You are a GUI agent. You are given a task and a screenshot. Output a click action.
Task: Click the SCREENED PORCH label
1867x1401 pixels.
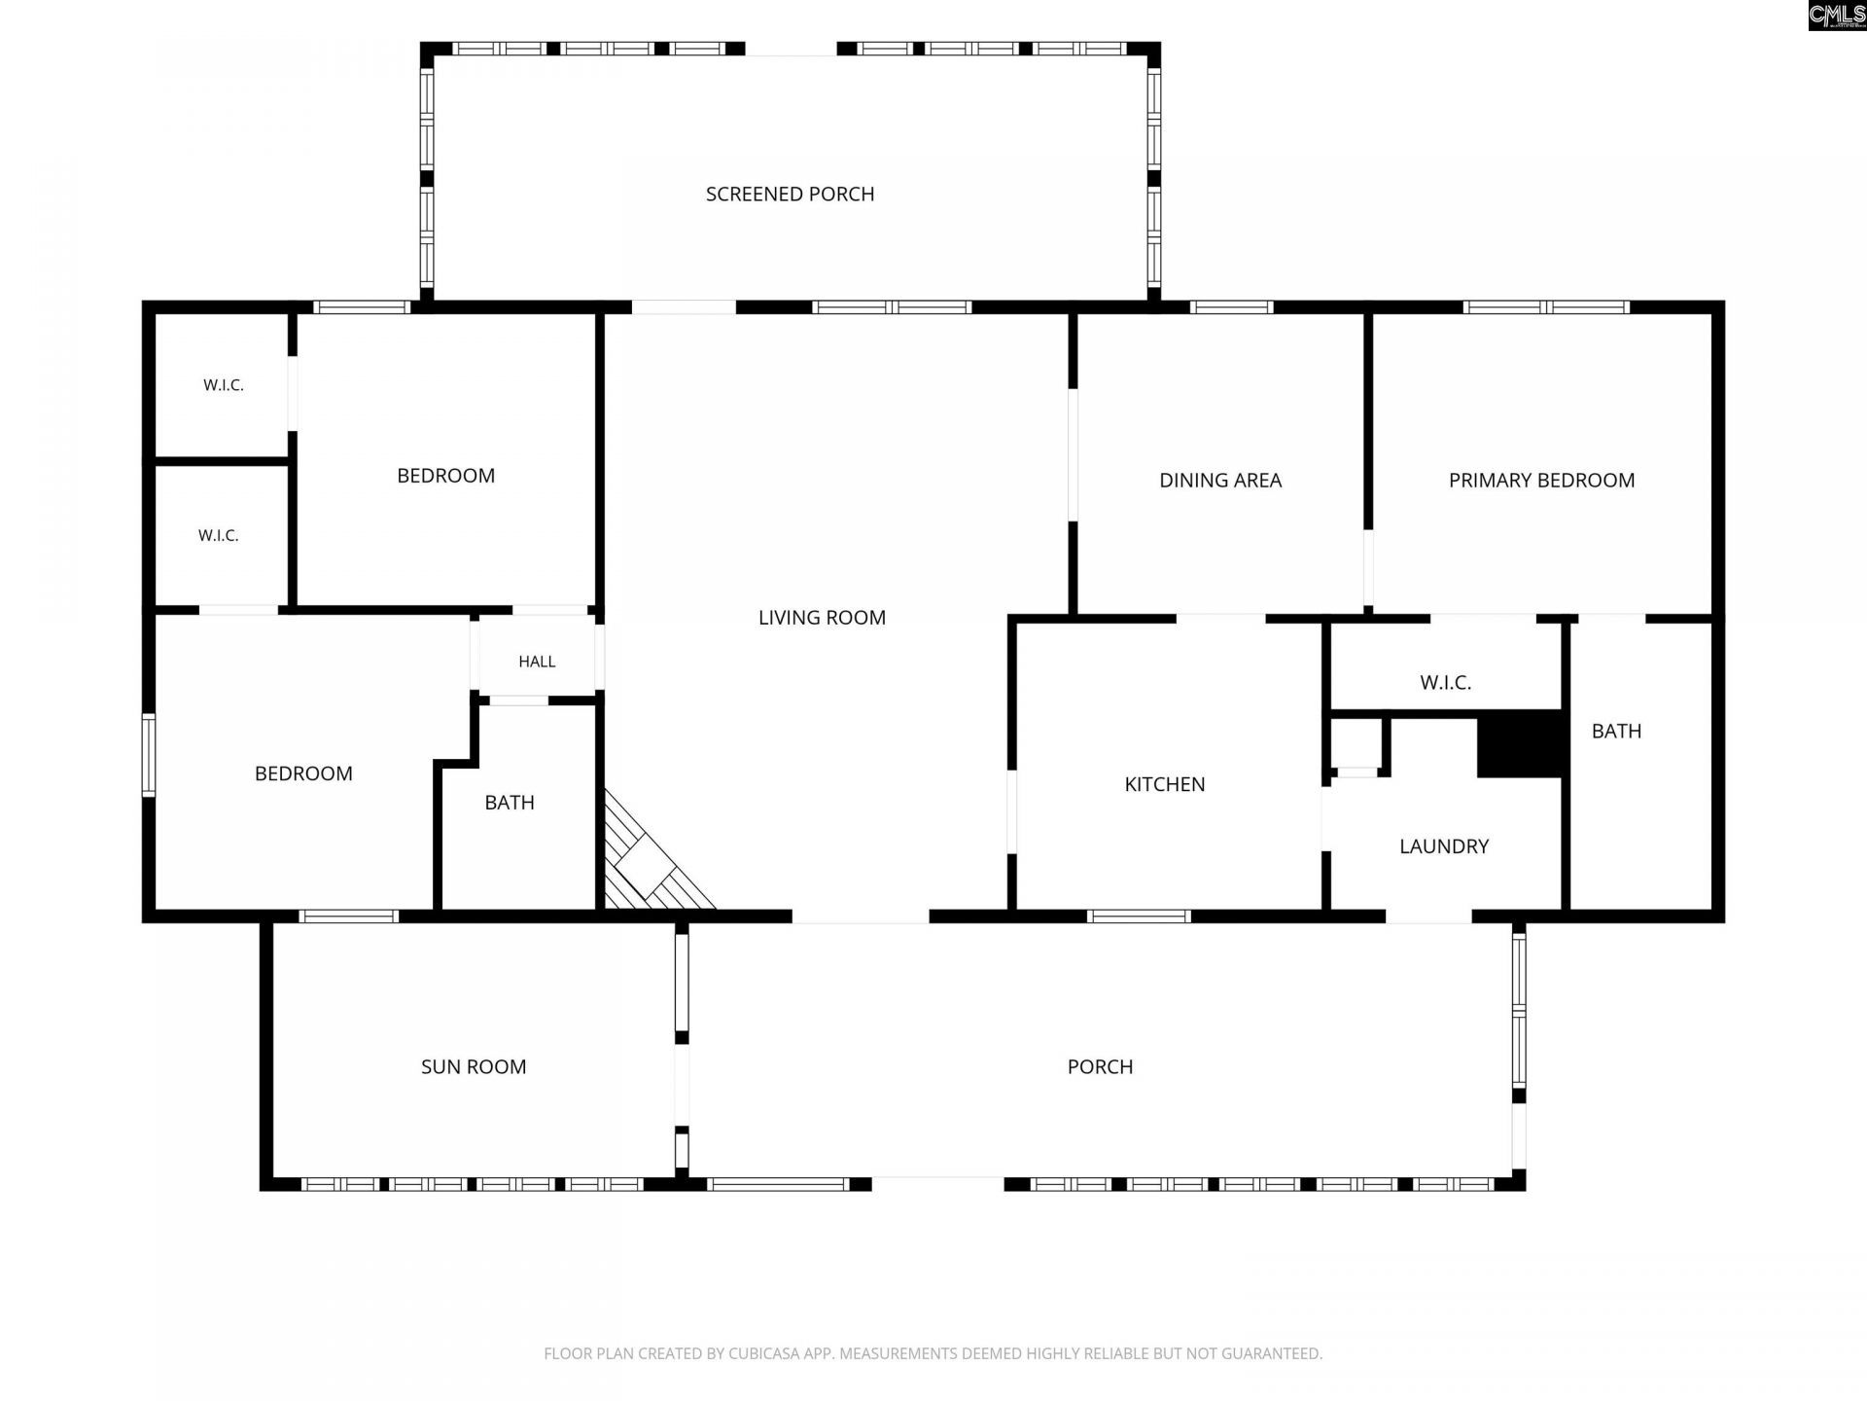[x=790, y=195]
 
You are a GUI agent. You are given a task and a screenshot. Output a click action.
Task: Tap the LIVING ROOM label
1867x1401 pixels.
[x=822, y=618]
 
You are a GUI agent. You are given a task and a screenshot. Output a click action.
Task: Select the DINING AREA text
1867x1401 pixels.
[x=1220, y=481]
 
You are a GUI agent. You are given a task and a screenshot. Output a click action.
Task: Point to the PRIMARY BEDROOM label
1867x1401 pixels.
[x=1541, y=481]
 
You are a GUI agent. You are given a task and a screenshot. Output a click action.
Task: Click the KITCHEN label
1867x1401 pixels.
[x=1165, y=784]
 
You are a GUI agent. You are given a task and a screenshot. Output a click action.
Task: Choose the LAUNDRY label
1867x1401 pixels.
[x=1444, y=846]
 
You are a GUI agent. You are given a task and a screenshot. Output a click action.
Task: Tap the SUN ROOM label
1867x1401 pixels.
[x=474, y=1067]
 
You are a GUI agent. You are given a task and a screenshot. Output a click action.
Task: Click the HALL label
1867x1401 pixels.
[x=537, y=662]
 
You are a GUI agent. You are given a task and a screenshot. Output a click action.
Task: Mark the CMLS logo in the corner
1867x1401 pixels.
[x=1837, y=16]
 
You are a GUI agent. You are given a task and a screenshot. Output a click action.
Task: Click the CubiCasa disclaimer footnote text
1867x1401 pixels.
[x=933, y=1353]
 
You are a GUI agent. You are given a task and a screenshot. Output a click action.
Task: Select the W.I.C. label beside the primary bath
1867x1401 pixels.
[x=1445, y=683]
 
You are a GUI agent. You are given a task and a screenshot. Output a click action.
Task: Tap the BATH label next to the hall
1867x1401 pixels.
[x=510, y=803]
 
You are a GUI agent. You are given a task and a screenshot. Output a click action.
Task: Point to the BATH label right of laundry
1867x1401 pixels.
[x=1616, y=732]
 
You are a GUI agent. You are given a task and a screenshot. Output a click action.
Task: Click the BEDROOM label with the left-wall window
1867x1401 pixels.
[x=303, y=774]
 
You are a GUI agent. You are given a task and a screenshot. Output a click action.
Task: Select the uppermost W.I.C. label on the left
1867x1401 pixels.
[x=224, y=385]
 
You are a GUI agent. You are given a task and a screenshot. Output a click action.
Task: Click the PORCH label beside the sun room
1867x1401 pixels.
[x=1100, y=1067]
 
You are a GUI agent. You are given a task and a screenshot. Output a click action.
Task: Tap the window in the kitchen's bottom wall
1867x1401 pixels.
[x=1139, y=916]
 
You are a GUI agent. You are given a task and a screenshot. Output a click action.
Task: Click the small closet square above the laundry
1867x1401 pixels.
[x=1356, y=744]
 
